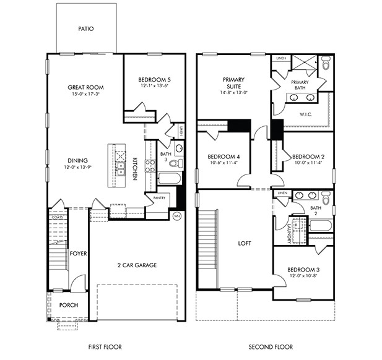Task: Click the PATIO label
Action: (86, 28)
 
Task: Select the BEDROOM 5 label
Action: (153, 79)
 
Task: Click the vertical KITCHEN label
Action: (134, 168)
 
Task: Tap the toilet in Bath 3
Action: (176, 163)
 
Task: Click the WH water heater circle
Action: (176, 216)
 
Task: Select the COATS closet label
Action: (58, 217)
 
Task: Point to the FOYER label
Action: (78, 253)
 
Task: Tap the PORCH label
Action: (68, 306)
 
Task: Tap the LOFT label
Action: (245, 243)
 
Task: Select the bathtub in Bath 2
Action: (321, 225)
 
